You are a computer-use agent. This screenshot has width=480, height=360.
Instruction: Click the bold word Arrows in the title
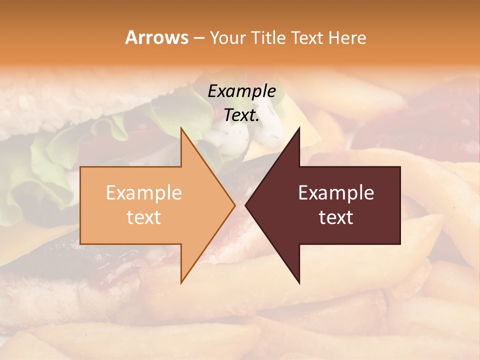(156, 37)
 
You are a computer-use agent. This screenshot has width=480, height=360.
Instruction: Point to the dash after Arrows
(198, 38)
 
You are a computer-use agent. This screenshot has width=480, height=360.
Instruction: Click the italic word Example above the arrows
(242, 91)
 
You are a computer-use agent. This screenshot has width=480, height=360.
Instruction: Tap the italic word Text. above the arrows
(242, 115)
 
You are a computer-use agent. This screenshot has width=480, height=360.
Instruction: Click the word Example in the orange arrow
(144, 193)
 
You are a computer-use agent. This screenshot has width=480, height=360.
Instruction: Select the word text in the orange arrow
(144, 217)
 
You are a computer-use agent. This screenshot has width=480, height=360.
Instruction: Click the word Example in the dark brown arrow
(336, 193)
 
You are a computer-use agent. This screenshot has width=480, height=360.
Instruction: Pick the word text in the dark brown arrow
(336, 217)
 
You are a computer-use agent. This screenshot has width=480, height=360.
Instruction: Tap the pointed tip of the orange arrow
(234, 205)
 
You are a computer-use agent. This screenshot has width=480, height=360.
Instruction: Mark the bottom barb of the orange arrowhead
(182, 281)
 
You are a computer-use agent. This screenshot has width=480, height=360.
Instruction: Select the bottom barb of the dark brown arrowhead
(298, 281)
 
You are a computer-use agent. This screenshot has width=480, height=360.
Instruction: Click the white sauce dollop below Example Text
(227, 137)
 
